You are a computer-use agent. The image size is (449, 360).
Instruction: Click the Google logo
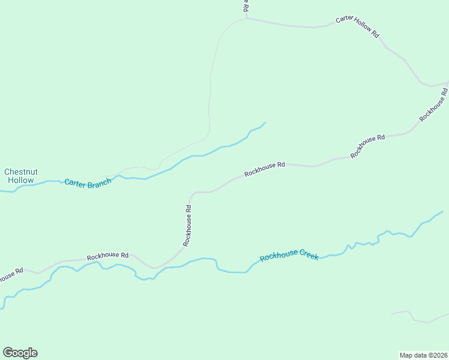[20, 353]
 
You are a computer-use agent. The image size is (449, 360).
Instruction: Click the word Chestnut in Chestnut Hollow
[20, 172]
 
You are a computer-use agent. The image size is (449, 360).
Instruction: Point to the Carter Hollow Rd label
[357, 27]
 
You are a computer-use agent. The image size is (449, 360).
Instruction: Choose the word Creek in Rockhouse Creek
[306, 254]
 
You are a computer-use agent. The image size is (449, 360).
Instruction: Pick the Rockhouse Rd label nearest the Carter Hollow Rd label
[433, 105]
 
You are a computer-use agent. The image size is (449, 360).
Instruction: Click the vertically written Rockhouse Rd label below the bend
[188, 226]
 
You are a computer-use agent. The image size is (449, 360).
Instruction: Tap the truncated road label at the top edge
[246, 6]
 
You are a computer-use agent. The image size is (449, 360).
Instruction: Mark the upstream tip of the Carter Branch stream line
[265, 123]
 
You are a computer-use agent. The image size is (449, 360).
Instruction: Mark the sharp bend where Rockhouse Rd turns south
[192, 194]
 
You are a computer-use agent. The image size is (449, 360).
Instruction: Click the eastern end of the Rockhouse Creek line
[442, 211]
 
